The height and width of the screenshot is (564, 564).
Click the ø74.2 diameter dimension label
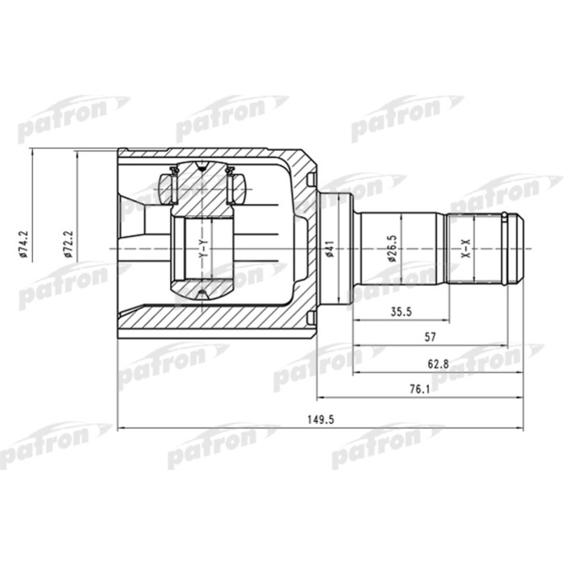click(x=23, y=242)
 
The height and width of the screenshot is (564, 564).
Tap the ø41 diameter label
click(x=330, y=251)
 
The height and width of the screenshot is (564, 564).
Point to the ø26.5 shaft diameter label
click(x=391, y=247)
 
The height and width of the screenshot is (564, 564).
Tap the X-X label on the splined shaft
click(x=465, y=249)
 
